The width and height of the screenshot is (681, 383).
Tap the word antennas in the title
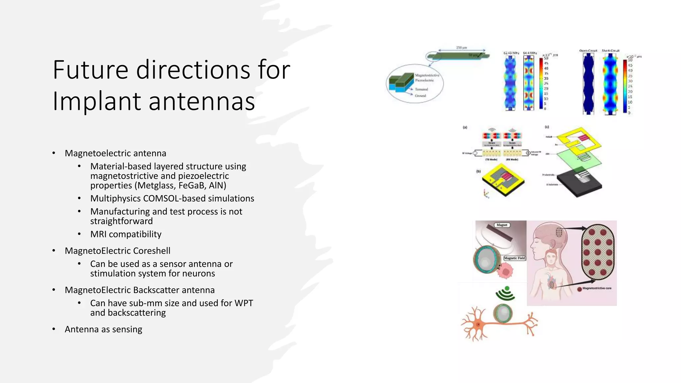[x=202, y=101]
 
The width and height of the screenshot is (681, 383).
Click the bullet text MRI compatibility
[x=126, y=234]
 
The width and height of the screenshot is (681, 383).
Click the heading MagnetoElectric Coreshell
[x=117, y=251]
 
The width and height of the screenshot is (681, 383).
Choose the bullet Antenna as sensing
[x=103, y=329]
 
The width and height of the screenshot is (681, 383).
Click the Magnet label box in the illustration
[x=502, y=225]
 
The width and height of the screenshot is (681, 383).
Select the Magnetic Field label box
[x=514, y=258]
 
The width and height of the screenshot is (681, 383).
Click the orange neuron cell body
[x=478, y=324]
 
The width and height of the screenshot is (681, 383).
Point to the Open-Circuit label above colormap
[x=588, y=51]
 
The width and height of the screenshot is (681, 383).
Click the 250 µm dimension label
[x=461, y=48]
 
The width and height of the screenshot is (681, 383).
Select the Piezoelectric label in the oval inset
[x=424, y=80]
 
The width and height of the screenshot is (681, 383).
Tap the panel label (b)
[x=478, y=172]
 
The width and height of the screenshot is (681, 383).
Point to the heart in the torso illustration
[x=552, y=284]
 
